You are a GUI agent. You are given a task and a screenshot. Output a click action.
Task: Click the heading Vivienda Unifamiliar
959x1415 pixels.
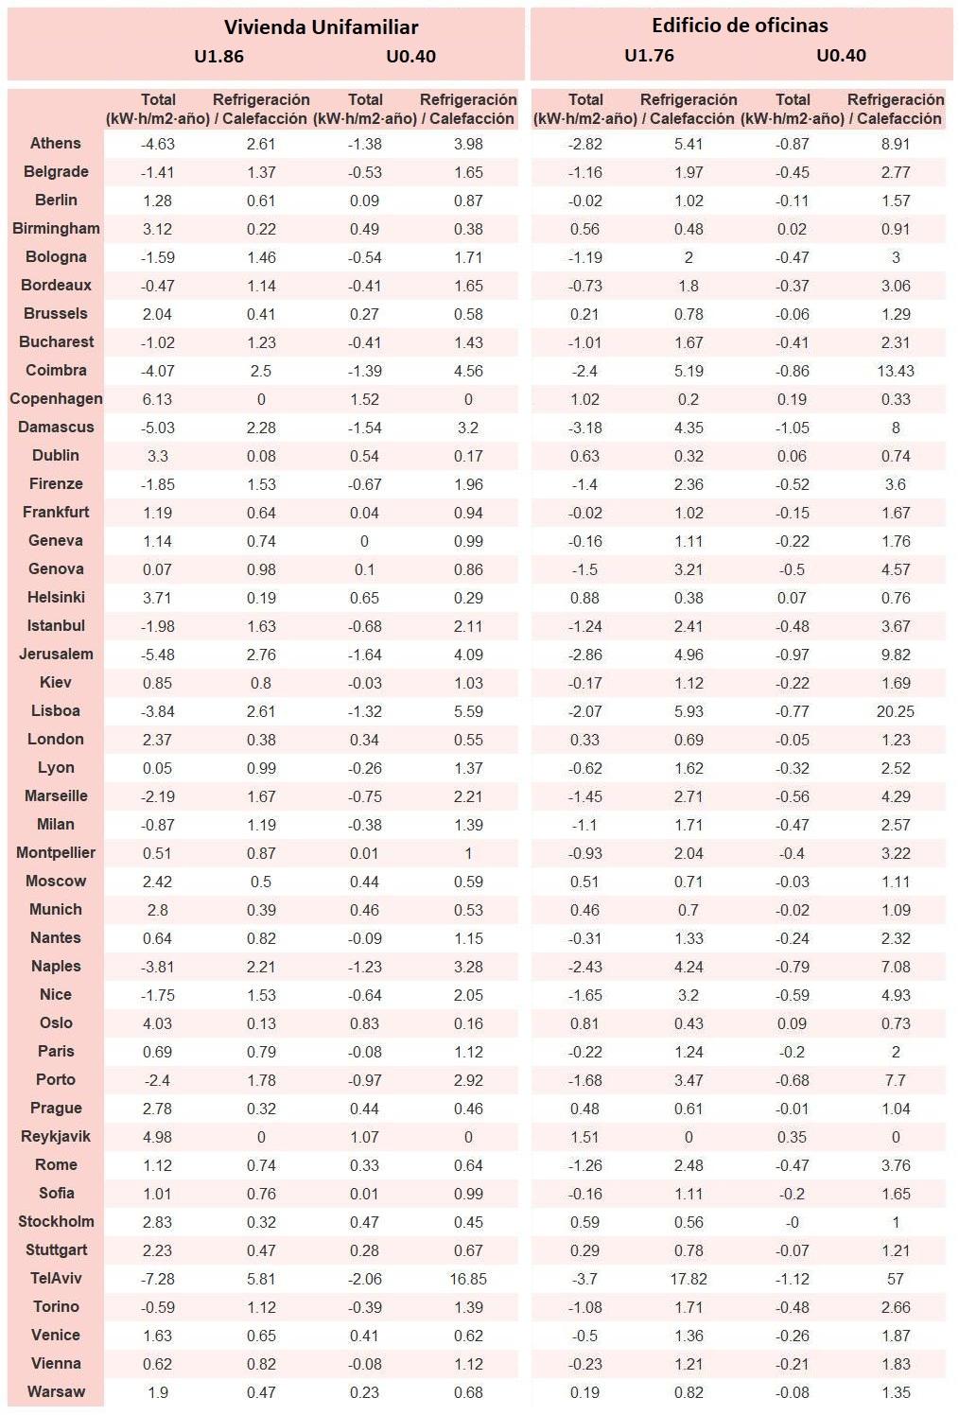tap(321, 27)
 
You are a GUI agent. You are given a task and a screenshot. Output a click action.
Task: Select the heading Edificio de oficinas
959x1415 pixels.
tap(740, 26)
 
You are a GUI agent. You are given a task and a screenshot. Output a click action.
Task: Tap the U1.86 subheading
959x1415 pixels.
tap(218, 57)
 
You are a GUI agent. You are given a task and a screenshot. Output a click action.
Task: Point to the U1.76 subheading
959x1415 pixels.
tap(649, 56)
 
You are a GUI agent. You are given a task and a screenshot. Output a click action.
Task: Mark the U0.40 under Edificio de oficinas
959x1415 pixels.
tap(841, 56)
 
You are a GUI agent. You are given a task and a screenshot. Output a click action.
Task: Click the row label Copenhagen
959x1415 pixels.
tap(56, 399)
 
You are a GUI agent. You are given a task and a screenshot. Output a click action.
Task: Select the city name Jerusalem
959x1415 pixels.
tap(56, 655)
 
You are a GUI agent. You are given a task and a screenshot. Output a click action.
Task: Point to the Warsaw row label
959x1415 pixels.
tap(56, 1392)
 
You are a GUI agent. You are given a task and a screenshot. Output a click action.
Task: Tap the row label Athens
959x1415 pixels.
tap(56, 144)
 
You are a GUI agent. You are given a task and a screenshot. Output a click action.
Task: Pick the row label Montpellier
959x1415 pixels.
tap(56, 853)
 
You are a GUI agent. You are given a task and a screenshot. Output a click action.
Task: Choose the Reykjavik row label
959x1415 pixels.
tap(56, 1137)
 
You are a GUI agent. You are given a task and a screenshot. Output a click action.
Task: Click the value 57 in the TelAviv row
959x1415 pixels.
tap(895, 1279)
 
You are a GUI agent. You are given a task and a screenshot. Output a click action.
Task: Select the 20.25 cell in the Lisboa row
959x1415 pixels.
tap(895, 711)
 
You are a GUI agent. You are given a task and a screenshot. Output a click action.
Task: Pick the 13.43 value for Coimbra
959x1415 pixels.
tap(895, 371)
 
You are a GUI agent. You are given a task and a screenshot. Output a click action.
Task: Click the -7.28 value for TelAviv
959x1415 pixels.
tap(157, 1279)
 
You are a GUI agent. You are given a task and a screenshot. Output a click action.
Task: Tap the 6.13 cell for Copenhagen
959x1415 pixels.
tap(157, 399)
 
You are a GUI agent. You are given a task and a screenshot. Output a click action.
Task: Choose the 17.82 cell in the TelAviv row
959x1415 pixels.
tap(688, 1279)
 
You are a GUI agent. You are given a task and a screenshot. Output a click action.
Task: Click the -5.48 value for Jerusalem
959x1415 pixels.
tap(157, 655)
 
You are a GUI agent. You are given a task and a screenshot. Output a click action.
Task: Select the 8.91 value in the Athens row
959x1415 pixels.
tap(895, 144)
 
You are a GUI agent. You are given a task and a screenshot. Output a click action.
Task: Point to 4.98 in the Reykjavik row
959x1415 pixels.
tap(157, 1137)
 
